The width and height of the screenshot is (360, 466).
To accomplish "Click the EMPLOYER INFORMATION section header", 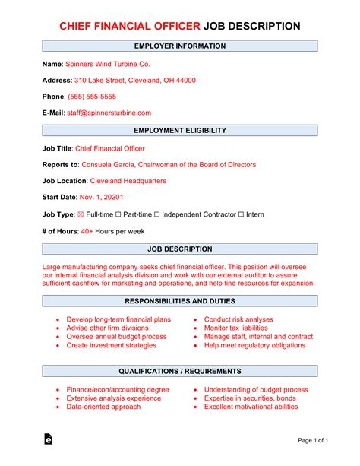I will coord(180,46).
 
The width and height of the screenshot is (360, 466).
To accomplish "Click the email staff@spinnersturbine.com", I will coord(109,113).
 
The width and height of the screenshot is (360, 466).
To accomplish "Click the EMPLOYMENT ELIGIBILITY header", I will coord(180,131).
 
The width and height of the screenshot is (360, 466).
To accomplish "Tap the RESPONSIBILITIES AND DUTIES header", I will coord(180,301).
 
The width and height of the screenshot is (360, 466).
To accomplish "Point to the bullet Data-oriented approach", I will coord(104,407).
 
